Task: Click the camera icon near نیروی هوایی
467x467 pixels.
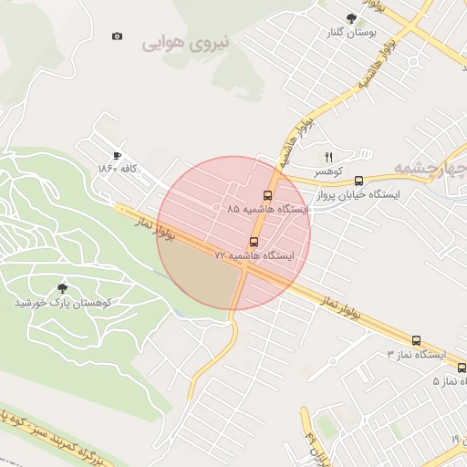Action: click(117, 36)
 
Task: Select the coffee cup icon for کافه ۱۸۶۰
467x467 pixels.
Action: click(117, 156)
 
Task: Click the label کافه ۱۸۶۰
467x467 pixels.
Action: click(118, 170)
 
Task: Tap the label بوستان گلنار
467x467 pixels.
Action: click(351, 33)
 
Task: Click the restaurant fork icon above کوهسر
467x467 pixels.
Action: click(328, 157)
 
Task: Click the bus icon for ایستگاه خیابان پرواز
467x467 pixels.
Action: click(358, 181)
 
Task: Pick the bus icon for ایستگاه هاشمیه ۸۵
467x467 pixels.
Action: click(267, 195)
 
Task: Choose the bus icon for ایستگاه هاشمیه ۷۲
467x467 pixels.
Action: click(254, 243)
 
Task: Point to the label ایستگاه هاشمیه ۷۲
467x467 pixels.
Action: click(254, 256)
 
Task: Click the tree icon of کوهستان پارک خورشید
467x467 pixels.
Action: click(62, 287)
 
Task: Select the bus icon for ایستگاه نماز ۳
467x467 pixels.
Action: click(416, 340)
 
